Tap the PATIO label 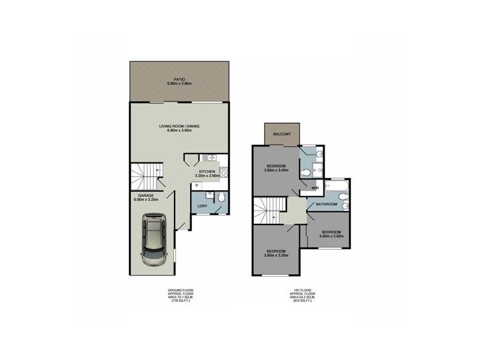[x=179, y=79]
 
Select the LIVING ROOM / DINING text [x=179, y=126]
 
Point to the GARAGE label [x=147, y=196]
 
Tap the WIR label [x=314, y=188]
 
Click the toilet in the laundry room [x=221, y=197]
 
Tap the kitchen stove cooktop [x=223, y=172]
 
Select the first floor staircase [x=268, y=211]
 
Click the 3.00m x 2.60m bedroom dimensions [x=331, y=236]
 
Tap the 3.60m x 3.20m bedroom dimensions [x=277, y=256]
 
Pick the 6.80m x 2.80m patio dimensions [x=179, y=84]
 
